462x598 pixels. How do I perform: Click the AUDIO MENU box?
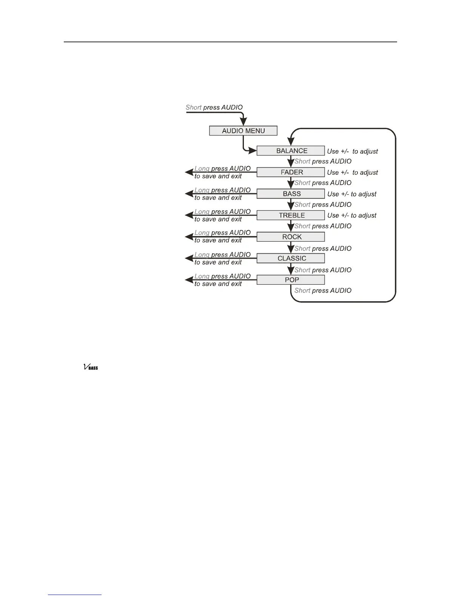(x=243, y=131)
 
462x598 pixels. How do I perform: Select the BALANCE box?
(x=291, y=151)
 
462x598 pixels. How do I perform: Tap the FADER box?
(x=291, y=172)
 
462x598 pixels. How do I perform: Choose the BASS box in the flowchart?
(x=291, y=194)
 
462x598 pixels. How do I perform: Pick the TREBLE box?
(x=291, y=215)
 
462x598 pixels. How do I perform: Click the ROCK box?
(x=291, y=237)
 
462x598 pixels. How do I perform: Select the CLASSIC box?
(x=291, y=258)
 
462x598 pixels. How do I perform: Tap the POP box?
(x=291, y=280)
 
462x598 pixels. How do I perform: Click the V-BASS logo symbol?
(x=91, y=367)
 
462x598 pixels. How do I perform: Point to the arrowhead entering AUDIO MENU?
(x=244, y=122)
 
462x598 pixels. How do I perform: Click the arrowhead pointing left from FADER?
(x=189, y=172)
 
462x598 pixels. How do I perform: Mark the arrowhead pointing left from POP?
(x=189, y=280)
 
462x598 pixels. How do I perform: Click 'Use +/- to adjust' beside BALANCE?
(x=352, y=151)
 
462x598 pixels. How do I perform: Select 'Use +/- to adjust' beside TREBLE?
(x=352, y=216)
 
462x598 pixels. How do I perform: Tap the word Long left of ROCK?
(x=202, y=233)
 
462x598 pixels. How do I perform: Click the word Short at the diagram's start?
(x=193, y=107)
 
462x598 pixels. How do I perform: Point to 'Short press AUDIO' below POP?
(x=323, y=290)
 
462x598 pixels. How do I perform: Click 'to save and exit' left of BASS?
(x=218, y=198)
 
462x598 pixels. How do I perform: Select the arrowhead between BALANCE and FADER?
(x=291, y=162)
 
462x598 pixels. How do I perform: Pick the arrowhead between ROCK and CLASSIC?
(x=291, y=249)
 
